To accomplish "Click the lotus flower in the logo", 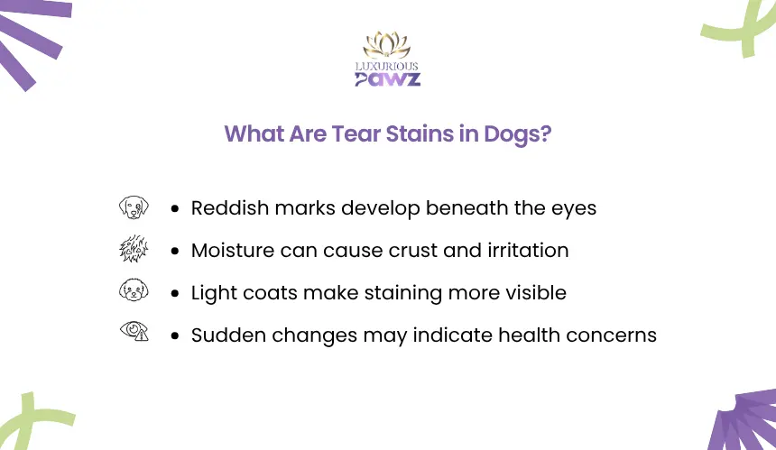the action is pyautogui.click(x=387, y=45).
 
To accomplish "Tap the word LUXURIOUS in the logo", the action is pyautogui.click(x=387, y=66).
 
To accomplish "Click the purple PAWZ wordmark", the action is pyautogui.click(x=387, y=79).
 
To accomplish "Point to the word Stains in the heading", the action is pyautogui.click(x=420, y=133).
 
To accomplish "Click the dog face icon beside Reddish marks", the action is pyautogui.click(x=134, y=207).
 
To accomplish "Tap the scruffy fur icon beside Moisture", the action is pyautogui.click(x=134, y=249).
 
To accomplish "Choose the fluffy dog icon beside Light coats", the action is pyautogui.click(x=134, y=289).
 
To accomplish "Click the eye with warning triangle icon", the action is pyautogui.click(x=134, y=331).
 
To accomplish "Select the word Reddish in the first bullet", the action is pyautogui.click(x=230, y=207).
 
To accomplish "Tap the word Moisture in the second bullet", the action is pyautogui.click(x=233, y=250).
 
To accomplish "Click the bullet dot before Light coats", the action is pyautogui.click(x=175, y=294).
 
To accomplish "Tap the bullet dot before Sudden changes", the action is pyautogui.click(x=175, y=336).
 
